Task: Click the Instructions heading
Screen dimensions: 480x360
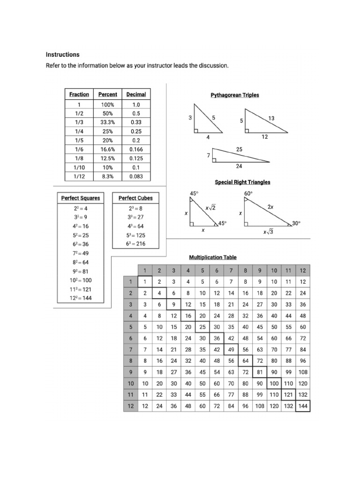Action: [x=62, y=54]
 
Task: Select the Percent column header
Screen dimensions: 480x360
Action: [x=107, y=94]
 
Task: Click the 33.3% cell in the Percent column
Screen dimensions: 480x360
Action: [x=107, y=122]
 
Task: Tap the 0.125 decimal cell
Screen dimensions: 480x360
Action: [x=136, y=158]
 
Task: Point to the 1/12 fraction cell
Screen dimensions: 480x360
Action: [x=79, y=177]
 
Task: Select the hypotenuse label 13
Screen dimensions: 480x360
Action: [x=271, y=119]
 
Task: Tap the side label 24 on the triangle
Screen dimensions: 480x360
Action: [x=239, y=166]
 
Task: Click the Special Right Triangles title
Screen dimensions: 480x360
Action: [x=242, y=182]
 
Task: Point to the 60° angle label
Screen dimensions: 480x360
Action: [x=248, y=193]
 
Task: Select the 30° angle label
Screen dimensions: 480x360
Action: [x=296, y=224]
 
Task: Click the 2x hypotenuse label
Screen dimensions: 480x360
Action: [x=270, y=207]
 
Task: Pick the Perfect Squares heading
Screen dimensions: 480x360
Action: [x=81, y=198]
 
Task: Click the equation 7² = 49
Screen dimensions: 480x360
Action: [x=81, y=253]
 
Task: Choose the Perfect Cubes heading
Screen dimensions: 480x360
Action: [x=135, y=198]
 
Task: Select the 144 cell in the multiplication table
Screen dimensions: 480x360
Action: [x=303, y=406]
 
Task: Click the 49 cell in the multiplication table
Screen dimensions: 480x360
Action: [x=231, y=349]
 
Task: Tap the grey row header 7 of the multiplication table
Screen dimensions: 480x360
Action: [x=130, y=349]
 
